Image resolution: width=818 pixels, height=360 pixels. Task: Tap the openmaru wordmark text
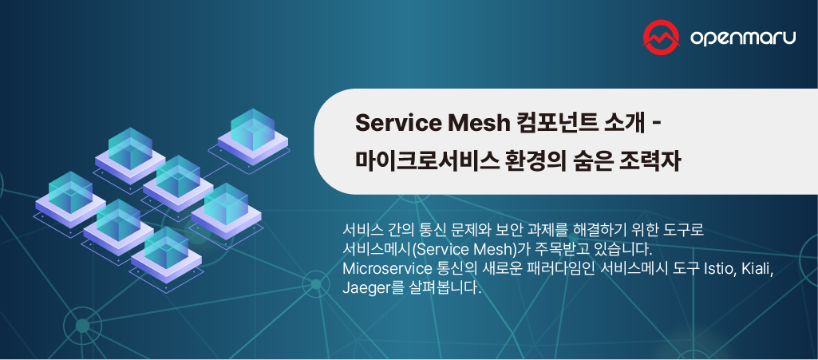(x=742, y=38)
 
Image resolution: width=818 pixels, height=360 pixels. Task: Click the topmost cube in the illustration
(x=252, y=128)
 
